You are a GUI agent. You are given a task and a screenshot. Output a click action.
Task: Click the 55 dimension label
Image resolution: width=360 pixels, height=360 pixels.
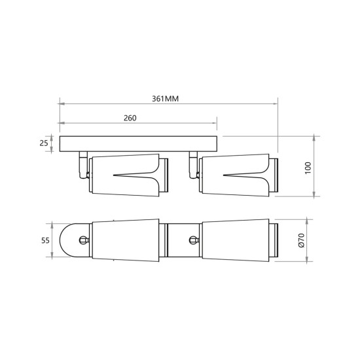[x=45, y=240]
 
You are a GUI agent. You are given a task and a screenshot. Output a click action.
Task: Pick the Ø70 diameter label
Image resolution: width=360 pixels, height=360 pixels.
[x=302, y=240]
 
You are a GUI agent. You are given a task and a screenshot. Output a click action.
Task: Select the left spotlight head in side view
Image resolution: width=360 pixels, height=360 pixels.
[x=124, y=175]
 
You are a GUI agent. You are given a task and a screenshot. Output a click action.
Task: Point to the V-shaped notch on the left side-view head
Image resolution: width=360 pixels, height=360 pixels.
[x=134, y=175]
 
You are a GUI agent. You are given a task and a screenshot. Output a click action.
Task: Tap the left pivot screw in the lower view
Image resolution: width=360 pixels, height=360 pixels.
[x=83, y=240]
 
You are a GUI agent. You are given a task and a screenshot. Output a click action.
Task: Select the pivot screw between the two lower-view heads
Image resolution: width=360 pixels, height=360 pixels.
[x=192, y=240]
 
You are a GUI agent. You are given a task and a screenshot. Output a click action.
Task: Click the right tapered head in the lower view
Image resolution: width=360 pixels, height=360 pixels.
[x=236, y=240]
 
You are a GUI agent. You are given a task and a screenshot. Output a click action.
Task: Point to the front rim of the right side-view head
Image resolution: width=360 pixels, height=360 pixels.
[x=275, y=175]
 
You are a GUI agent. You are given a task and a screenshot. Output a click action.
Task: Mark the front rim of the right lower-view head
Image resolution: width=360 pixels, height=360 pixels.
[x=275, y=240]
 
